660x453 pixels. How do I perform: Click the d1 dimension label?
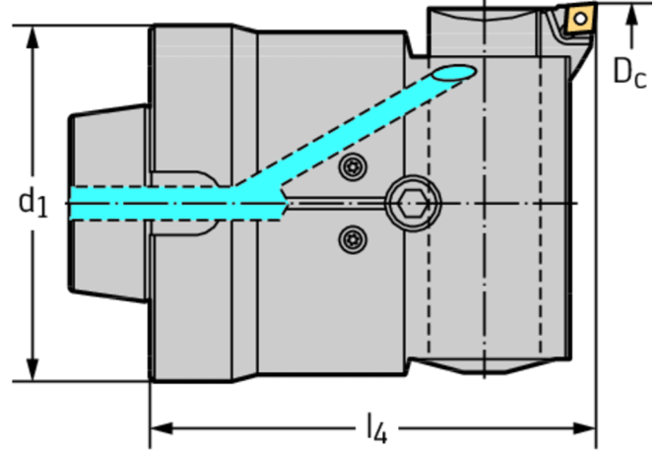pyautogui.click(x=32, y=203)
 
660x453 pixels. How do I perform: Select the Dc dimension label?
pyautogui.click(x=629, y=71)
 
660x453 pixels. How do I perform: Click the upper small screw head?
pyautogui.click(x=352, y=167)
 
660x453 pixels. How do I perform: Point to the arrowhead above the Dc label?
pyautogui.click(x=629, y=40)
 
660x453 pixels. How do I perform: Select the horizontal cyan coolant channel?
pyautogui.click(x=148, y=203)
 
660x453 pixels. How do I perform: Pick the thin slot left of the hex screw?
pyautogui.click(x=335, y=204)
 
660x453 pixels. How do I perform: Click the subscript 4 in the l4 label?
pyautogui.click(x=381, y=433)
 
